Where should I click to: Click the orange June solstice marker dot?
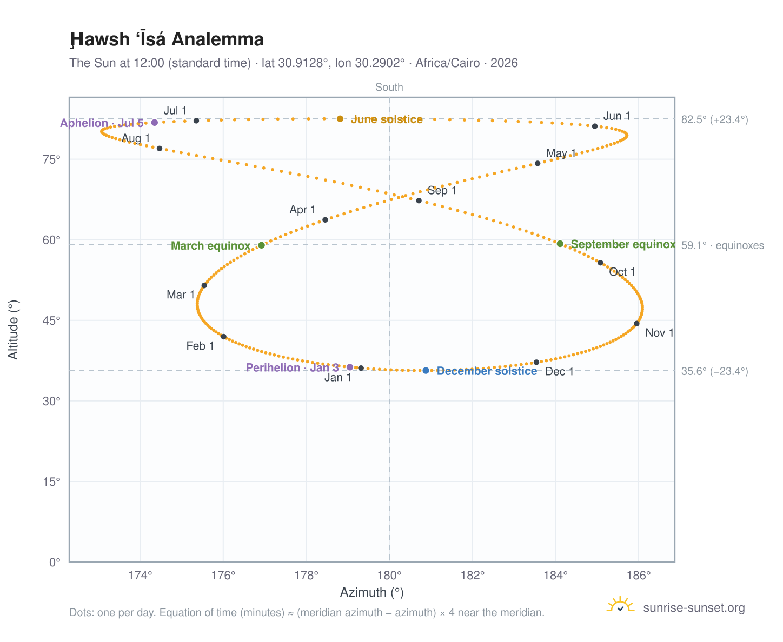click(x=340, y=119)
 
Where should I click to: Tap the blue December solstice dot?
click(x=426, y=370)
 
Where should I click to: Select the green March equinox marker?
click(x=261, y=245)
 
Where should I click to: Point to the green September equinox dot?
click(x=560, y=244)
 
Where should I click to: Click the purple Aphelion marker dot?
click(x=155, y=123)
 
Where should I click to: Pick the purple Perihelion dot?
click(x=349, y=367)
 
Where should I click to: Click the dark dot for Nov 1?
click(x=636, y=324)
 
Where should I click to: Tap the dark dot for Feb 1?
click(x=223, y=337)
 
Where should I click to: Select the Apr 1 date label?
click(x=302, y=210)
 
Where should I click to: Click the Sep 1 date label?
click(x=441, y=190)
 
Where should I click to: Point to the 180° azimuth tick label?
click(x=389, y=575)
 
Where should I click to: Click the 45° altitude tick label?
click(x=51, y=320)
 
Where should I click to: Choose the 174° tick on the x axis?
click(x=140, y=575)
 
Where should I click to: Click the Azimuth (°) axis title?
click(x=371, y=592)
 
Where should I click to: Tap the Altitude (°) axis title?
click(x=13, y=330)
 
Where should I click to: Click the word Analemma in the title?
click(x=217, y=39)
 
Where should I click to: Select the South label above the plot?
click(x=389, y=87)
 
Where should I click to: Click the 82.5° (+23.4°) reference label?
click(x=714, y=119)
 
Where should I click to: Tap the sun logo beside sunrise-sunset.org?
click(x=620, y=605)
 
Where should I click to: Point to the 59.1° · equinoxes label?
click(x=722, y=245)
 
